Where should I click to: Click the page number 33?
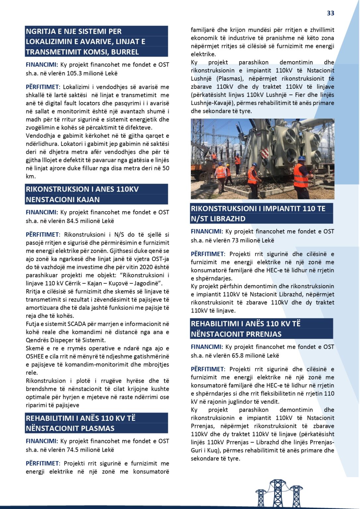(x=330, y=13)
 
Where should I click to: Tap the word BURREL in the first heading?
(x=125, y=52)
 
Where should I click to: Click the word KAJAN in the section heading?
(x=88, y=199)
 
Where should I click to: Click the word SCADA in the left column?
(x=77, y=324)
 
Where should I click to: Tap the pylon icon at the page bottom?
(x=279, y=494)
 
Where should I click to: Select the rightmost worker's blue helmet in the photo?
(x=301, y=158)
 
